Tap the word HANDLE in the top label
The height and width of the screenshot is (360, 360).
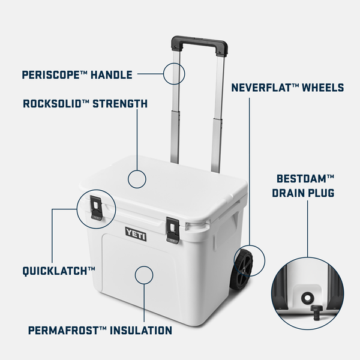point(111,75)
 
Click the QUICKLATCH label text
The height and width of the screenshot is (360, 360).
point(59,271)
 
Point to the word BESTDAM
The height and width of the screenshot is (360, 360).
point(305,179)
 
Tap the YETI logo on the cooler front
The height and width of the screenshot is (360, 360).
point(136,232)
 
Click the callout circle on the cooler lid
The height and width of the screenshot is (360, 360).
point(137,178)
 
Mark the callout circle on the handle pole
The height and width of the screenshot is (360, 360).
point(174,74)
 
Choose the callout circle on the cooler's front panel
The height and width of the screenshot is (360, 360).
point(145,275)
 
